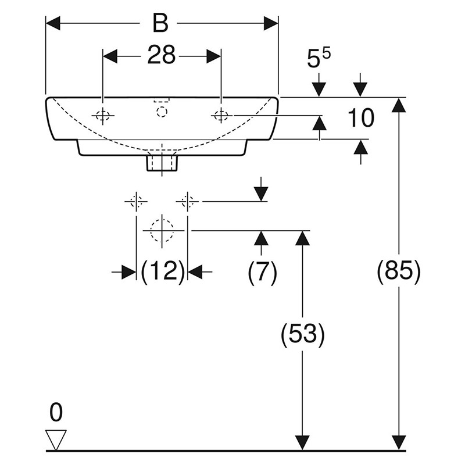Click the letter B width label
tap(160, 23)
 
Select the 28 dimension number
tap(162, 55)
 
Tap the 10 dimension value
tap(360, 118)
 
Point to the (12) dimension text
tap(163, 271)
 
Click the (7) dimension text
tap(263, 271)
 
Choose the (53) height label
tap(303, 335)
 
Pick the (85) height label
tap(399, 271)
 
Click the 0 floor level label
tap(56, 412)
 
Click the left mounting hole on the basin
tap(103, 115)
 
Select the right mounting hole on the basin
tap(221, 115)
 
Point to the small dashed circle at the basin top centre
tap(162, 112)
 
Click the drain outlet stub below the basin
tap(162, 163)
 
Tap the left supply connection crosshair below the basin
tap(136, 202)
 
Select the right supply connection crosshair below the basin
tap(187, 202)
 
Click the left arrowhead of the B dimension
tap(53, 23)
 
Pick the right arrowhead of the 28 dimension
tap(214, 56)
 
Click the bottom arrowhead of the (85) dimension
tap(399, 443)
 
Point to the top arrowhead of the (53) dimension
tap(303, 238)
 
